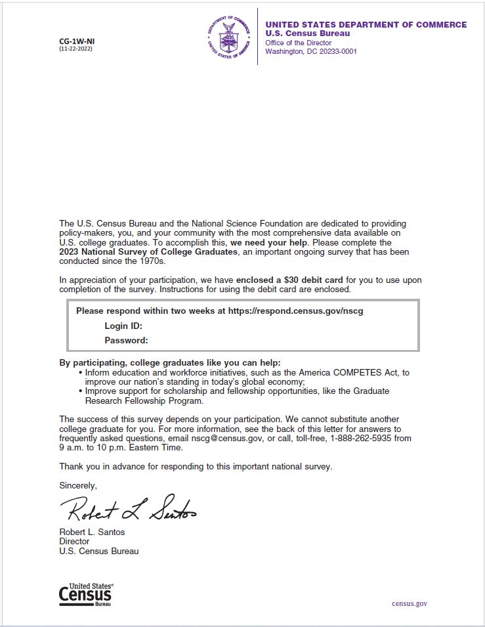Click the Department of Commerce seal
click(x=228, y=37)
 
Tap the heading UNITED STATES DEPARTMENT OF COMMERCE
click(x=366, y=25)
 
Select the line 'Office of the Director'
click(x=298, y=43)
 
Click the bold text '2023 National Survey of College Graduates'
click(x=148, y=251)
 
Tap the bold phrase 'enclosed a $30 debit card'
click(x=289, y=280)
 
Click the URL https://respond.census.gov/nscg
click(x=295, y=311)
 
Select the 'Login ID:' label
click(x=123, y=326)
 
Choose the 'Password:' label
click(x=126, y=340)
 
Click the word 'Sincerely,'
click(x=78, y=485)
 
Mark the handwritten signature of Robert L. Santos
click(x=129, y=508)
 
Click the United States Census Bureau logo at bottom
click(x=86, y=594)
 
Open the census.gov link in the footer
click(x=410, y=603)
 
